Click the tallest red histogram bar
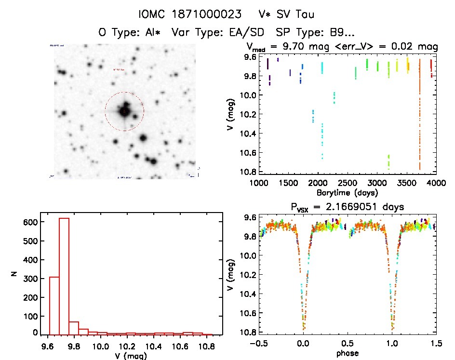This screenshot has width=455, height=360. tap(64, 275)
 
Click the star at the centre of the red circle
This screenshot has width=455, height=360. tap(124, 112)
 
